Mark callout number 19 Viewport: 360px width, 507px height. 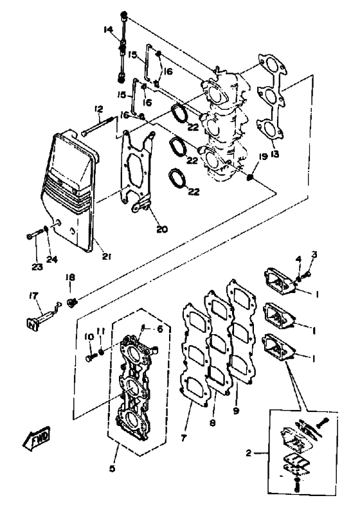(262, 156)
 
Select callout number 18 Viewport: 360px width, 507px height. (70, 277)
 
